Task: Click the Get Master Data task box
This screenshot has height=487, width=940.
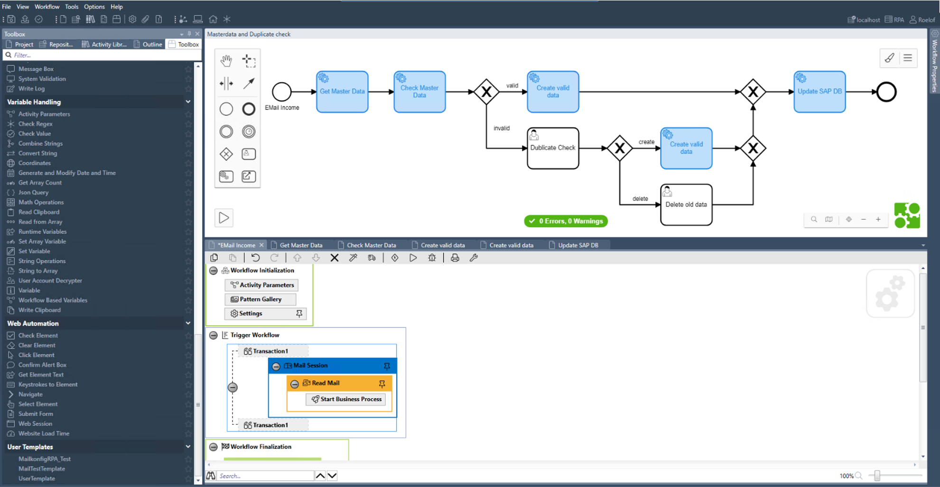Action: pyautogui.click(x=342, y=92)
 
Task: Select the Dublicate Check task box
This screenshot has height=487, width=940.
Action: pyautogui.click(x=553, y=148)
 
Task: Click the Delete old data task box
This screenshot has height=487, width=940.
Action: pyautogui.click(x=686, y=205)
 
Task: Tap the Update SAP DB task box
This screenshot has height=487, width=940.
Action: pyautogui.click(x=819, y=92)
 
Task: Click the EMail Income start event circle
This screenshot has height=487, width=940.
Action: pyautogui.click(x=281, y=92)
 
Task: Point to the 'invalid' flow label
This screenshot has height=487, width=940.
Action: pyautogui.click(x=502, y=128)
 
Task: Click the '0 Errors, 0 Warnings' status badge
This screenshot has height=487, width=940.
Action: pyautogui.click(x=566, y=221)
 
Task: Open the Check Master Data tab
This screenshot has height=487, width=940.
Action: pyautogui.click(x=371, y=245)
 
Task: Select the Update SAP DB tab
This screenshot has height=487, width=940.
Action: pyautogui.click(x=577, y=245)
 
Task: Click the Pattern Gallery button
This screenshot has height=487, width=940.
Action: pyautogui.click(x=260, y=300)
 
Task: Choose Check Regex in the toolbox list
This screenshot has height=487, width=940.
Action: pyautogui.click(x=35, y=124)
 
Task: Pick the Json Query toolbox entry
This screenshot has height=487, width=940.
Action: pyautogui.click(x=33, y=193)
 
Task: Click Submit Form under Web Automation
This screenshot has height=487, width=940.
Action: pyautogui.click(x=36, y=414)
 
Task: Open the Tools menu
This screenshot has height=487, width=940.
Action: pyautogui.click(x=72, y=7)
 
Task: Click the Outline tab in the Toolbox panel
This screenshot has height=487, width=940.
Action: pyautogui.click(x=152, y=44)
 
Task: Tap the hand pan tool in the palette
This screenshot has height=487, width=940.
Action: pyautogui.click(x=226, y=61)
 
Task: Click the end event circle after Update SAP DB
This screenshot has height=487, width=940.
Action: pyautogui.click(x=886, y=92)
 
